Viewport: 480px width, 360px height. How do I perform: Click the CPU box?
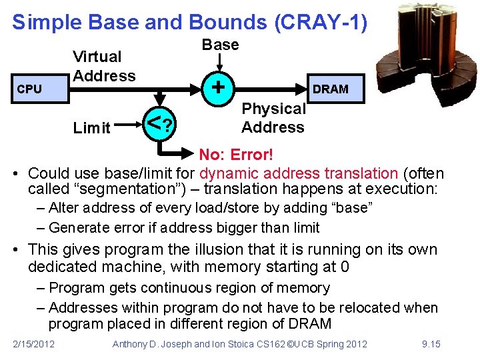pyautogui.click(x=35, y=89)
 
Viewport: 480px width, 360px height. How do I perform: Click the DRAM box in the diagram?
pyautogui.click(x=331, y=89)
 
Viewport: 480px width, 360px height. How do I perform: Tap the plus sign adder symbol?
pyautogui.click(x=217, y=86)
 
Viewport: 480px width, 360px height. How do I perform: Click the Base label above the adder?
pyautogui.click(x=220, y=45)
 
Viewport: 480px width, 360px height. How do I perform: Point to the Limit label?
pyautogui.click(x=92, y=128)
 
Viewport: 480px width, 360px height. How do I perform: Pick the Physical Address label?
pyautogui.click(x=273, y=118)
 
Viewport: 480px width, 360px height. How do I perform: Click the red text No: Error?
pyautogui.click(x=237, y=155)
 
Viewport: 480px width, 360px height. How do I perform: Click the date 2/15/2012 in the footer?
pyautogui.click(x=34, y=344)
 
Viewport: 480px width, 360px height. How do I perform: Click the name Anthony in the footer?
pyautogui.click(x=133, y=344)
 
